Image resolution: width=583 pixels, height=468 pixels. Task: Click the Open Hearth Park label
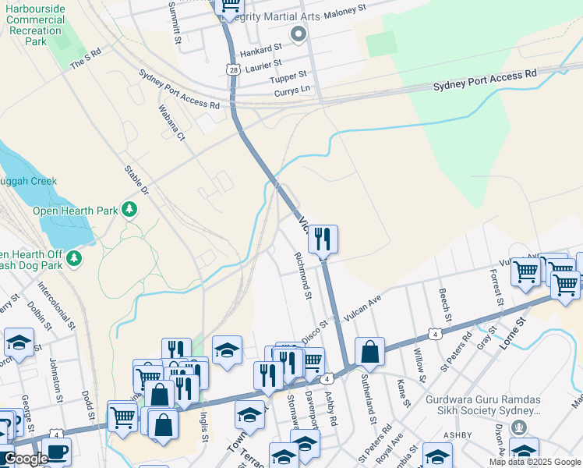pos(75,210)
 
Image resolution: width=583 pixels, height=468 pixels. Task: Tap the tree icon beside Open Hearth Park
pos(129,209)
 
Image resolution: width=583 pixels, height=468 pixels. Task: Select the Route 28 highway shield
pos(234,70)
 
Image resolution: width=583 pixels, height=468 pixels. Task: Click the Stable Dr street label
pos(136,180)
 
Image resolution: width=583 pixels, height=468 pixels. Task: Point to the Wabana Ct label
pos(171,123)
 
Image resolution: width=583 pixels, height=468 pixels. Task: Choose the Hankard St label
pos(260,49)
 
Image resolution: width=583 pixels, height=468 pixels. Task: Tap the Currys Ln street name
pos(292,91)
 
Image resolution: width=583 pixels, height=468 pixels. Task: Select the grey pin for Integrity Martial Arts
pos(297,34)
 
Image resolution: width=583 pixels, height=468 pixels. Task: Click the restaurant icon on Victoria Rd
pos(323,239)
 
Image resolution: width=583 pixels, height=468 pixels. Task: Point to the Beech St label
pos(444,304)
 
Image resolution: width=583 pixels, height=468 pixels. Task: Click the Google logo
pos(26,459)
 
